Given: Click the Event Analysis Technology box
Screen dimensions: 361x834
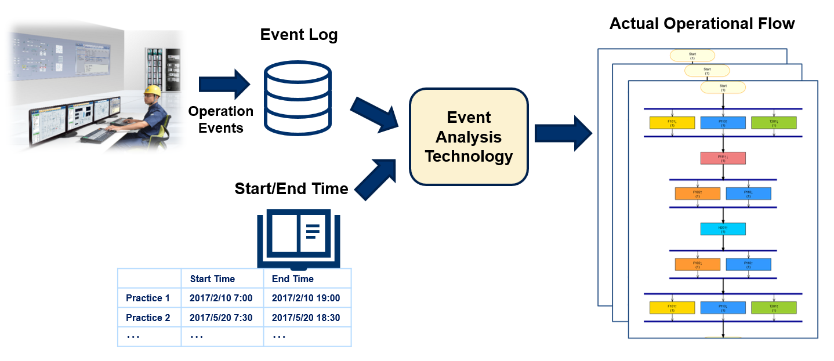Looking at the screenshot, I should click(469, 137).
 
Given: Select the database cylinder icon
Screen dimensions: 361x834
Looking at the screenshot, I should click(298, 97).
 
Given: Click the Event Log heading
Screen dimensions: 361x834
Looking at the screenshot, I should click(299, 35).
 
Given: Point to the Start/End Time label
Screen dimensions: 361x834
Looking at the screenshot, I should click(291, 188).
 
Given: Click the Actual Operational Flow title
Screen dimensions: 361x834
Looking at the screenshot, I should click(702, 24).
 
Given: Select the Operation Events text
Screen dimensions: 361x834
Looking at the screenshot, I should click(221, 119).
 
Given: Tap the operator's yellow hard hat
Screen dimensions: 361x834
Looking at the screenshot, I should click(153, 90).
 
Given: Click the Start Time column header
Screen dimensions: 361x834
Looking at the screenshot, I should click(212, 279).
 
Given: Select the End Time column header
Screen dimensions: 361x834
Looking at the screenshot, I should click(293, 279).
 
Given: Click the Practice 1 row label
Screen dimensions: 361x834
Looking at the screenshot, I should click(148, 298).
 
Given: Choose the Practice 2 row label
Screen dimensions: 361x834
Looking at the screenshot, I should click(148, 318).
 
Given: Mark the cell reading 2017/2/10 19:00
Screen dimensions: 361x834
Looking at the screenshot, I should click(306, 298).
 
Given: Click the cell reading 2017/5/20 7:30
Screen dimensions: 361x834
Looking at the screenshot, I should click(221, 318).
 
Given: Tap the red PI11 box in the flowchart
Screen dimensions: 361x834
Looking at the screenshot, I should click(723, 158).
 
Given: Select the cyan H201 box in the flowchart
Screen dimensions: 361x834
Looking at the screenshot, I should click(723, 229).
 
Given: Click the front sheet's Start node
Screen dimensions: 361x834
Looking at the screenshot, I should click(723, 88).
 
